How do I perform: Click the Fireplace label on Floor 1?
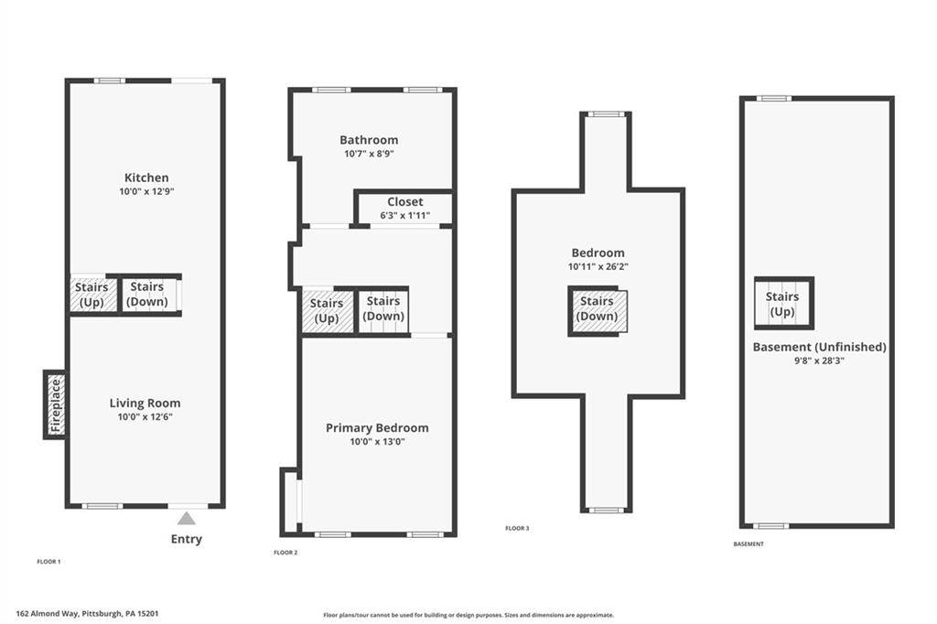click(x=55, y=404)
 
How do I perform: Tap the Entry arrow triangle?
click(x=187, y=519)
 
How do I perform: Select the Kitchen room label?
click(x=146, y=178)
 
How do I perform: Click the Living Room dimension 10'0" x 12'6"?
click(x=145, y=417)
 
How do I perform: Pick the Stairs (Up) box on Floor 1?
click(x=92, y=295)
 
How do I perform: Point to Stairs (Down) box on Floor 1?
click(x=147, y=295)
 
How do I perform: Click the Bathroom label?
click(x=369, y=140)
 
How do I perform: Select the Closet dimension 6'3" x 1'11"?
click(x=404, y=216)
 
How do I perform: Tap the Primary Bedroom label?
click(x=377, y=428)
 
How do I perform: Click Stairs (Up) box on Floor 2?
click(x=327, y=310)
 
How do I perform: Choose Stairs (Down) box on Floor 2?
click(x=383, y=308)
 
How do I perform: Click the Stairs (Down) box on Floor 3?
click(x=597, y=309)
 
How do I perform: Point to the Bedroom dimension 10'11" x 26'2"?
click(x=598, y=267)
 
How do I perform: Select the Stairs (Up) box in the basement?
click(x=782, y=304)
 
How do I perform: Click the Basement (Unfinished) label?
click(x=819, y=347)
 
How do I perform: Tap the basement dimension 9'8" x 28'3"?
click(x=819, y=361)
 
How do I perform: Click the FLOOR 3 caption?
click(x=517, y=529)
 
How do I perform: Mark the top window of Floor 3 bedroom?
click(x=605, y=114)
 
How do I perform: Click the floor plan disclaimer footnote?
click(x=468, y=616)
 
